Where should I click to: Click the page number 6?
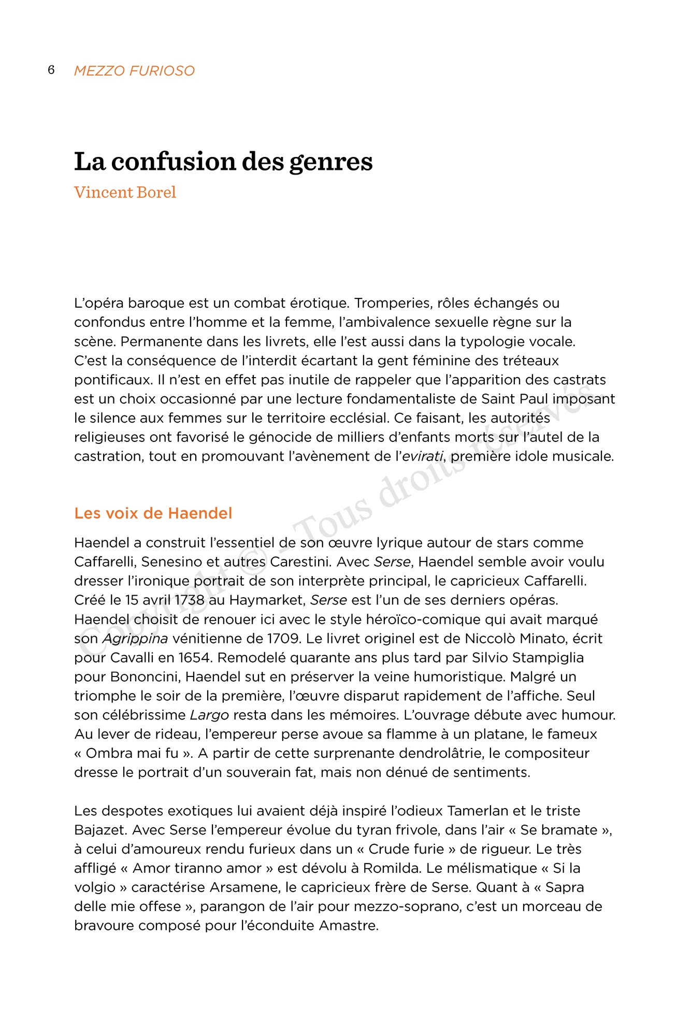51,70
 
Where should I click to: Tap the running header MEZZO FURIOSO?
134,70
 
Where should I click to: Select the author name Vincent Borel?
125,192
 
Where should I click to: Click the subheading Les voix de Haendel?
153,513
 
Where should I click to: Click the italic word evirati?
423,456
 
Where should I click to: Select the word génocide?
280,437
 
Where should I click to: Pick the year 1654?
195,657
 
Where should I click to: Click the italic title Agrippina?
135,638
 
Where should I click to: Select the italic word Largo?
209,715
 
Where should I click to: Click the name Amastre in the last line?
349,926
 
